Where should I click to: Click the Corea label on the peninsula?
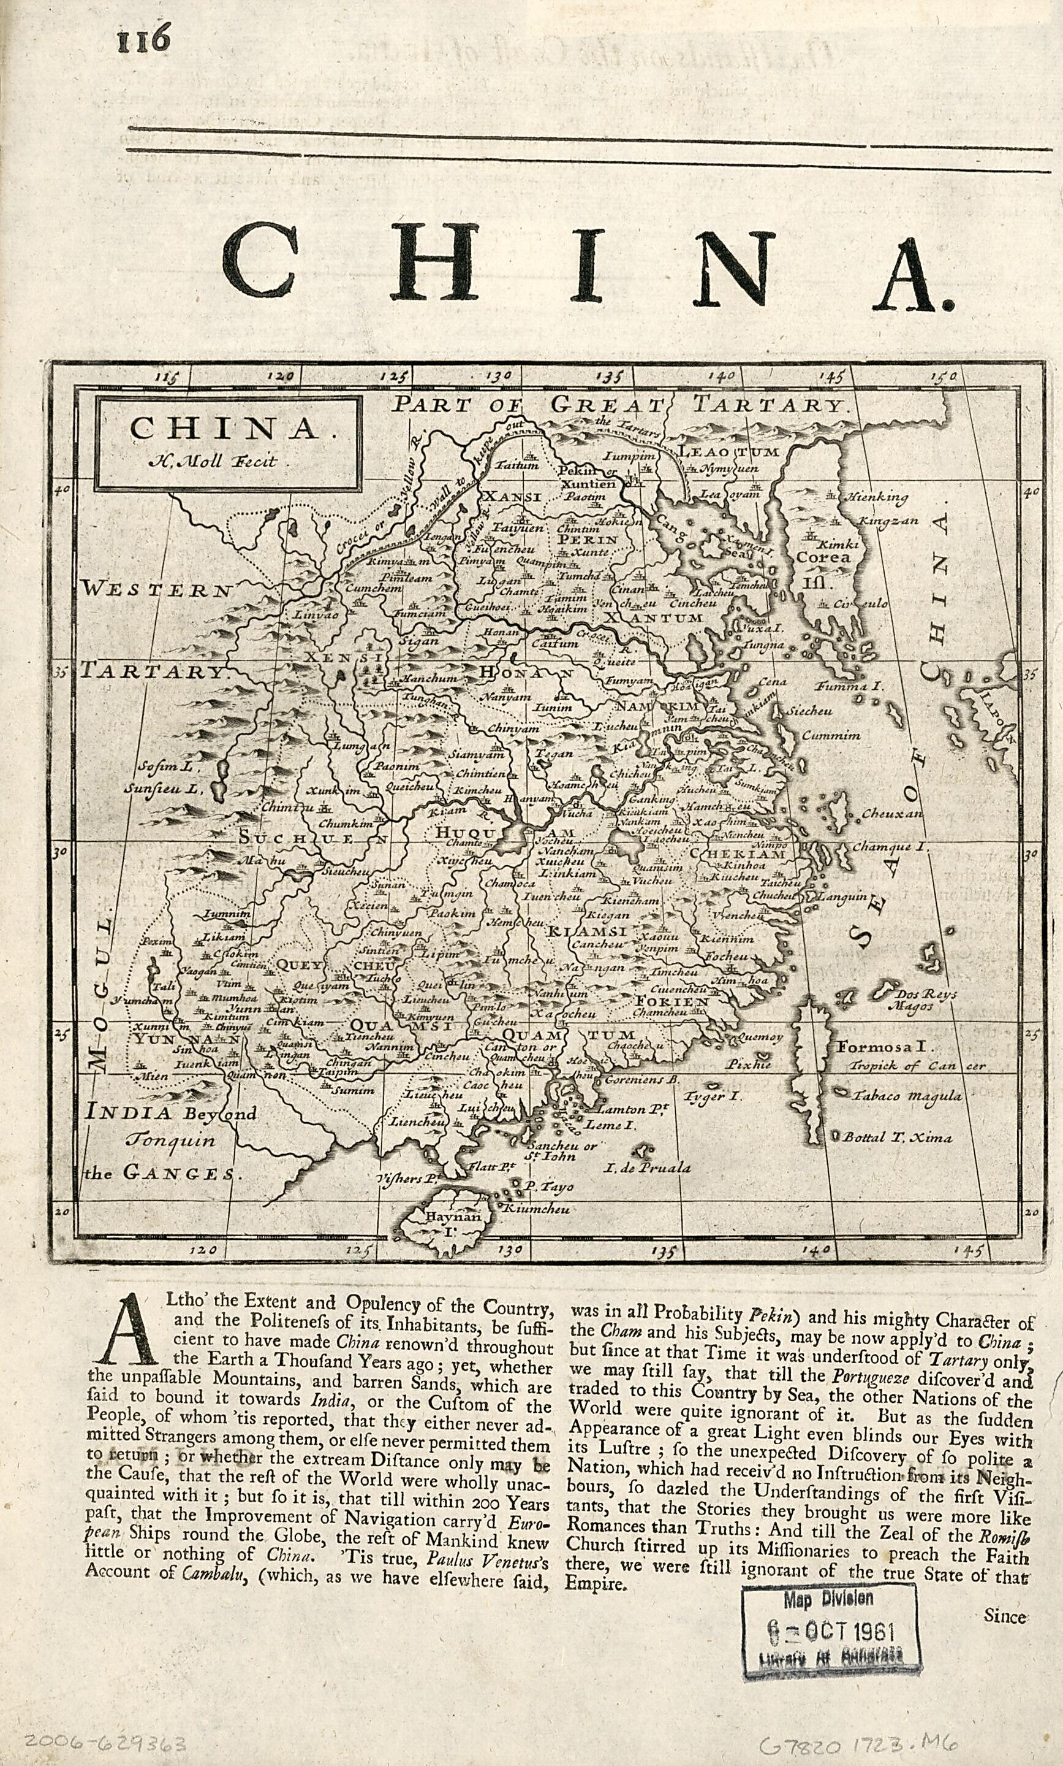[824, 557]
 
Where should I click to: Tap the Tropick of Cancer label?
[917, 1066]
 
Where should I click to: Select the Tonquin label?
[170, 1141]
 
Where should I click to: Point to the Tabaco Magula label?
[906, 1096]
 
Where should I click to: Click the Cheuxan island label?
[892, 814]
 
